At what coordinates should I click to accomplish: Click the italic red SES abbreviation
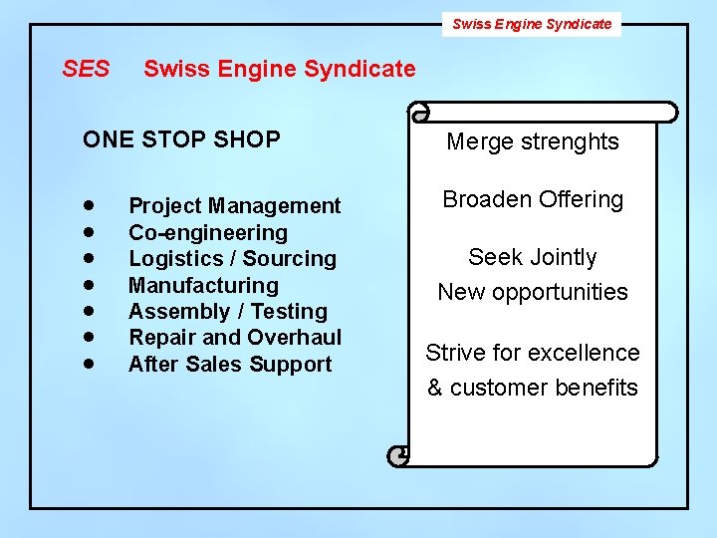(86, 70)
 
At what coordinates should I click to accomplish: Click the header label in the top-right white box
(532, 24)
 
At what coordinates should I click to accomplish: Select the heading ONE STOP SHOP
(181, 139)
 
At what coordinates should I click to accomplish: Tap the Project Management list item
(234, 206)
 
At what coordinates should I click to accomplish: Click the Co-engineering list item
(207, 232)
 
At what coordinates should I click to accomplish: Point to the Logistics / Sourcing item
(232, 259)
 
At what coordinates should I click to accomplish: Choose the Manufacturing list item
(203, 285)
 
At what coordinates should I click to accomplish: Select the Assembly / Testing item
(227, 312)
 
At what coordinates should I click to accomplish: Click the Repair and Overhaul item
(234, 338)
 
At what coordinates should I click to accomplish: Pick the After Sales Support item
(229, 365)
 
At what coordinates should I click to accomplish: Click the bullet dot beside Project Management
(90, 205)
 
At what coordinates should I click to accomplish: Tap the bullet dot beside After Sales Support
(90, 364)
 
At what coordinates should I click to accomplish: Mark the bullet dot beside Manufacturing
(90, 285)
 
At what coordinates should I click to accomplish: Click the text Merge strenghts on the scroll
(532, 141)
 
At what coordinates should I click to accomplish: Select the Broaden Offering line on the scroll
(533, 199)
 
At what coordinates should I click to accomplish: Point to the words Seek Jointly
(533, 257)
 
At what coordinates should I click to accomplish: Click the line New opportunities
(533, 292)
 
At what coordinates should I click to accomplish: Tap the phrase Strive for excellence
(533, 353)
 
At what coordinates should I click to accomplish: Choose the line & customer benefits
(533, 388)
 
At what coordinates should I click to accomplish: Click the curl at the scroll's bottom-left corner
(400, 455)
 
